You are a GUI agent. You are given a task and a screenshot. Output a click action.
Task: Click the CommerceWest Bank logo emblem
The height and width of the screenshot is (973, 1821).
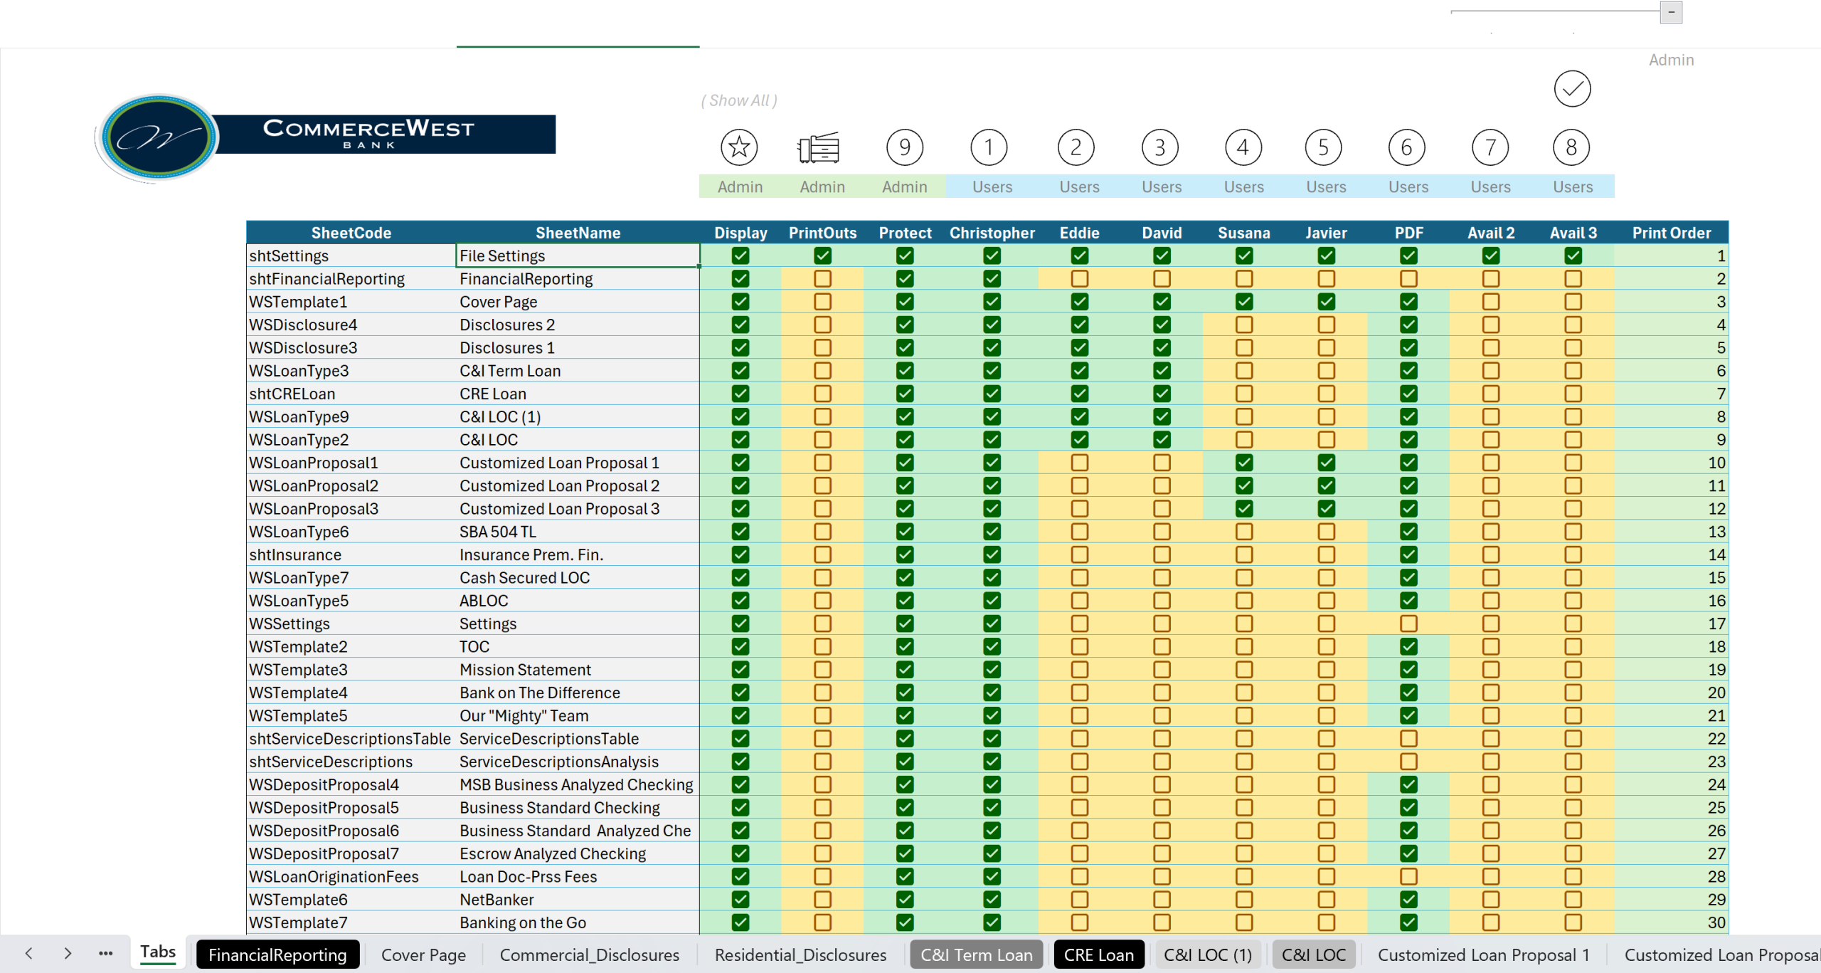tap(158, 137)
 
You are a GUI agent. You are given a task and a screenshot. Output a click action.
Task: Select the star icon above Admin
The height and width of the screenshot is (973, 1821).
tap(739, 147)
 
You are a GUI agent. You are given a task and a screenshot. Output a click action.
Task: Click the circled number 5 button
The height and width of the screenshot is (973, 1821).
tap(1324, 147)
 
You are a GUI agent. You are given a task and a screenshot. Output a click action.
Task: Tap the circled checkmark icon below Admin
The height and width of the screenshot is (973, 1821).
tap(1572, 89)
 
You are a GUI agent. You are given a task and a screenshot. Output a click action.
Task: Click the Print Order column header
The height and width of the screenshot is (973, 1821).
tap(1671, 233)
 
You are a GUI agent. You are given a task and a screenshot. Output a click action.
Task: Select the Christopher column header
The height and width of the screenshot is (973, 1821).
tap(992, 233)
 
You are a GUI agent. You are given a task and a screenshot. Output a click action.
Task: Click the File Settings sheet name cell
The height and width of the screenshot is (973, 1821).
tap(578, 256)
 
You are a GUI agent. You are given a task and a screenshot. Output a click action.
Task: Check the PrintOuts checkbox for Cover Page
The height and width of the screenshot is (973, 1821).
tap(822, 302)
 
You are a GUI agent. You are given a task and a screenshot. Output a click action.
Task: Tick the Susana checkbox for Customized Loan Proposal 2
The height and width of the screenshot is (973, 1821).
tap(1243, 485)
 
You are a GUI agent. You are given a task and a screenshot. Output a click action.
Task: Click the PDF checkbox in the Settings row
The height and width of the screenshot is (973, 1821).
tap(1408, 624)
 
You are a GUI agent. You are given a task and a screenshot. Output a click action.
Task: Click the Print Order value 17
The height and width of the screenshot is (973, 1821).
tap(1716, 624)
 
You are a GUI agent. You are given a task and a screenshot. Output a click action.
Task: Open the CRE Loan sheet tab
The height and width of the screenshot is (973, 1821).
tap(1099, 954)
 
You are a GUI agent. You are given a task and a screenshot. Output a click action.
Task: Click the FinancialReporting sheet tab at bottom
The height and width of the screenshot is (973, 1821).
tap(277, 954)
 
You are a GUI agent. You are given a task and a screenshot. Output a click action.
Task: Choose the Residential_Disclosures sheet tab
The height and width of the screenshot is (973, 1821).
tap(800, 954)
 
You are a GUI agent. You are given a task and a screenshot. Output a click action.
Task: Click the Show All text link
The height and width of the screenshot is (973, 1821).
tap(739, 100)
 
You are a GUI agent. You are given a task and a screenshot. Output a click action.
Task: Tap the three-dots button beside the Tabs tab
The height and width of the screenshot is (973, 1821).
tap(106, 953)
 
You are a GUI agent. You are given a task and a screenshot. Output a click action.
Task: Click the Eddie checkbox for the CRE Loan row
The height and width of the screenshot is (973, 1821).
tap(1079, 394)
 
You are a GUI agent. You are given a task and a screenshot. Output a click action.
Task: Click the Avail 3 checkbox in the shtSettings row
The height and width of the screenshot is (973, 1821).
tap(1573, 256)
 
